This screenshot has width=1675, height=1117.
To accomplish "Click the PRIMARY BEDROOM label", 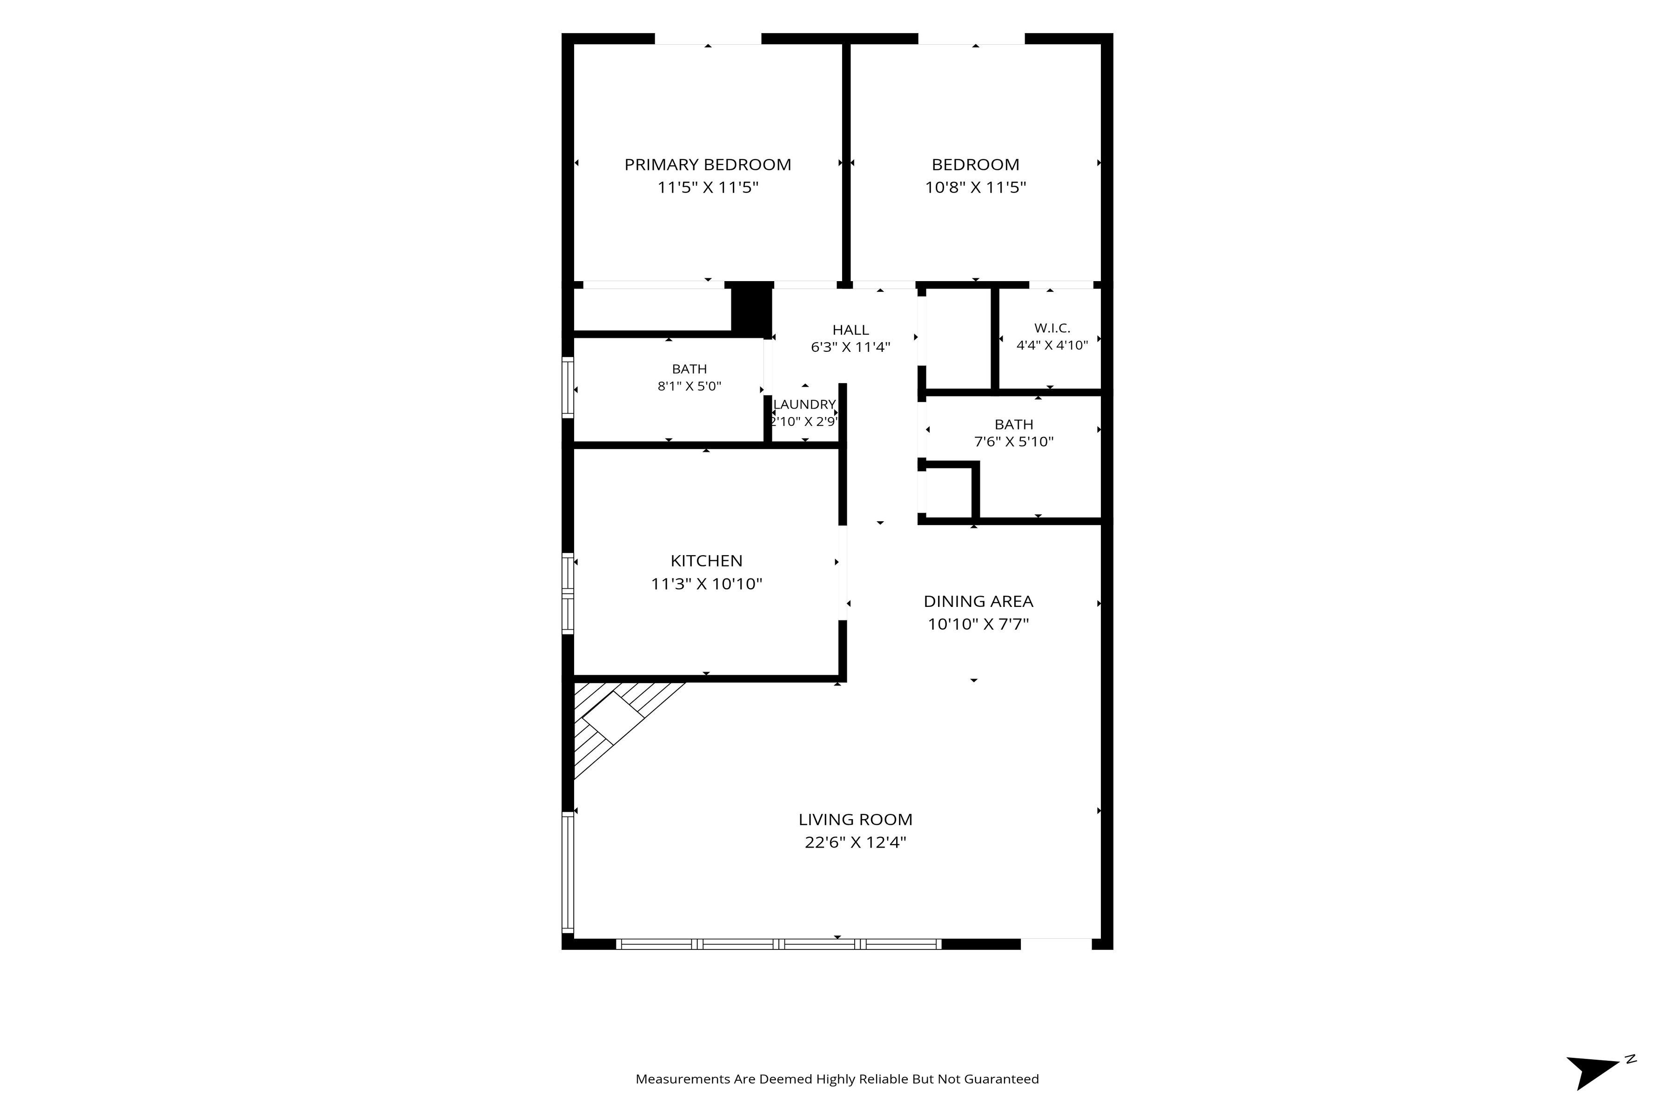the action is [x=707, y=165].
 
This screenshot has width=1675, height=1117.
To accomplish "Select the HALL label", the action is [x=851, y=330].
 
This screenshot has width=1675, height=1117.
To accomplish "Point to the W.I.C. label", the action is [x=1052, y=329].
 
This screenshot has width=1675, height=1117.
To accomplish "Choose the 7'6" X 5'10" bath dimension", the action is [x=1013, y=442].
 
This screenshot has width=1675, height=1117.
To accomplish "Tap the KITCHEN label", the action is [x=706, y=561].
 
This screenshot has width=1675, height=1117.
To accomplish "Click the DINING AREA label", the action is [x=978, y=601].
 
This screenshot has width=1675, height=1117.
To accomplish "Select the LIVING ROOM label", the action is [x=855, y=820].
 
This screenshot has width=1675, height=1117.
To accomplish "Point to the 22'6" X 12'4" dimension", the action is [x=855, y=843].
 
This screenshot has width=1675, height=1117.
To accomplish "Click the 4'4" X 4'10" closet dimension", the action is [x=1052, y=345].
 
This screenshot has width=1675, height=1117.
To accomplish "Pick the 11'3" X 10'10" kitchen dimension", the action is [x=706, y=584].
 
